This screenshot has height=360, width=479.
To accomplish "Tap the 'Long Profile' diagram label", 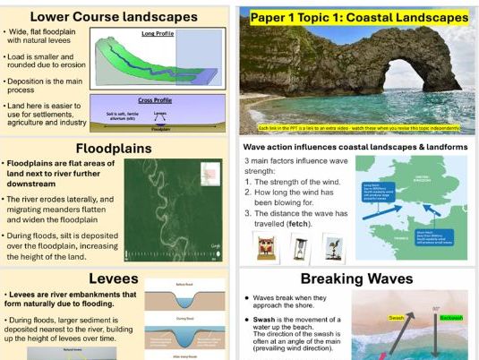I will tap(158, 34).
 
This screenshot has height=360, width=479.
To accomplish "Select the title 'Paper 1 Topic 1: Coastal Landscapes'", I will tap(358, 17).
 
